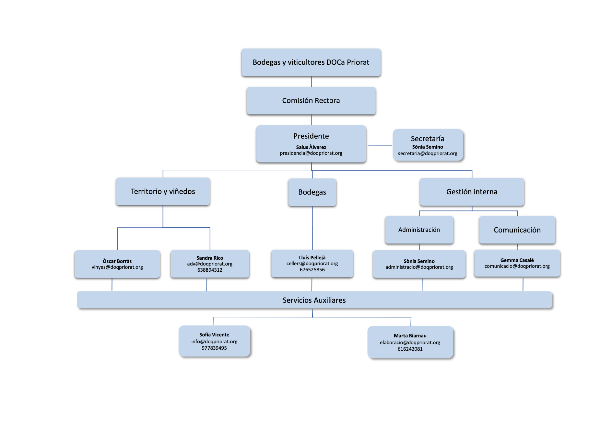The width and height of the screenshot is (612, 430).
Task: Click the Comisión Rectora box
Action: click(311, 101)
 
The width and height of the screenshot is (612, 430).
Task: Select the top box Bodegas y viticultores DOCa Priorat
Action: click(311, 62)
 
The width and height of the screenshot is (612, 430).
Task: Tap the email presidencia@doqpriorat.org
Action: click(311, 153)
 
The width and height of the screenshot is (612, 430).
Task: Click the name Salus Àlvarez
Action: click(311, 147)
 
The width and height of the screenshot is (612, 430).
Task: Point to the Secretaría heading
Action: click(428, 139)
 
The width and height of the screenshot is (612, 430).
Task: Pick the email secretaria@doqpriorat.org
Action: click(428, 153)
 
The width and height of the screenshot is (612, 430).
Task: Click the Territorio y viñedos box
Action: click(163, 191)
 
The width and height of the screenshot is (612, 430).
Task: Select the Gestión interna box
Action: click(472, 192)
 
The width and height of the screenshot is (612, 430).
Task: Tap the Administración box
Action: click(419, 230)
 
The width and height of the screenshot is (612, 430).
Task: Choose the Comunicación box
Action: click(517, 230)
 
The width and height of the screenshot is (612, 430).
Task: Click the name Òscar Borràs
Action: click(117, 261)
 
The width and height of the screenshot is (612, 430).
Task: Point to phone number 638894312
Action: click(210, 270)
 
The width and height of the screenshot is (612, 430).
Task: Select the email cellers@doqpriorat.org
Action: click(312, 264)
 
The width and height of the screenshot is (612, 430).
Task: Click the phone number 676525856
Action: click(312, 270)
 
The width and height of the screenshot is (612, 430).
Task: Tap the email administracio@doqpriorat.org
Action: click(419, 267)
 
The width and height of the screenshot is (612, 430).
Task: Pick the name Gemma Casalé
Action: click(517, 260)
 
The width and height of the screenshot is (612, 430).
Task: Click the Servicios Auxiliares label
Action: click(314, 300)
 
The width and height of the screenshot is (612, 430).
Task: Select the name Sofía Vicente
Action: click(214, 335)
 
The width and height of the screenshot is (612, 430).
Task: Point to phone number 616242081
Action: click(410, 349)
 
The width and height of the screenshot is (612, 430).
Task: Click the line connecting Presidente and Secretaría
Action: click(380, 145)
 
